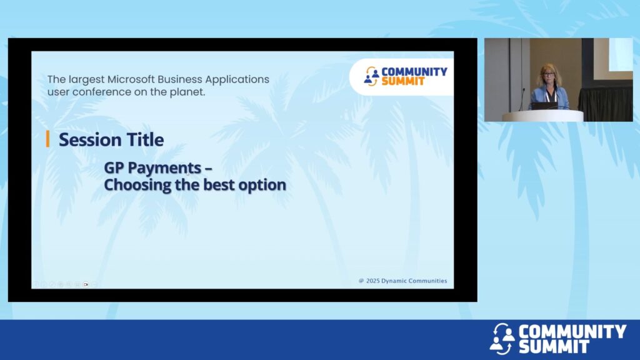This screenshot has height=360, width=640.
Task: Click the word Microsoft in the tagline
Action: tap(131, 79)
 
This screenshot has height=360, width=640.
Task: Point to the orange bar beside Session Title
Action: tap(47, 139)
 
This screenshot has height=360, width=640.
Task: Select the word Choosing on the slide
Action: tap(137, 185)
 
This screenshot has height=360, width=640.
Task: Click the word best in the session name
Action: tap(219, 185)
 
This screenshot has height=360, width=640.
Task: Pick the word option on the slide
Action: tap(262, 185)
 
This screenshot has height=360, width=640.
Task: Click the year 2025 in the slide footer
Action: tap(373, 281)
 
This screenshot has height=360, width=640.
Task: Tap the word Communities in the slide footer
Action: tap(426, 281)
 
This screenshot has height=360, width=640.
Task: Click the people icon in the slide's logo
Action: tap(371, 76)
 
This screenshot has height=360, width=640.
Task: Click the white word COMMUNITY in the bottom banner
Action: tap(572, 331)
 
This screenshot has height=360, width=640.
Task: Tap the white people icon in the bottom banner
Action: tap(502, 338)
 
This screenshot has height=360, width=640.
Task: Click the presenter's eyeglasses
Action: tap(548, 75)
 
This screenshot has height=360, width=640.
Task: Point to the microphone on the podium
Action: tap(522, 99)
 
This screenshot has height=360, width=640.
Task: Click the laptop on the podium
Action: tap(545, 106)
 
